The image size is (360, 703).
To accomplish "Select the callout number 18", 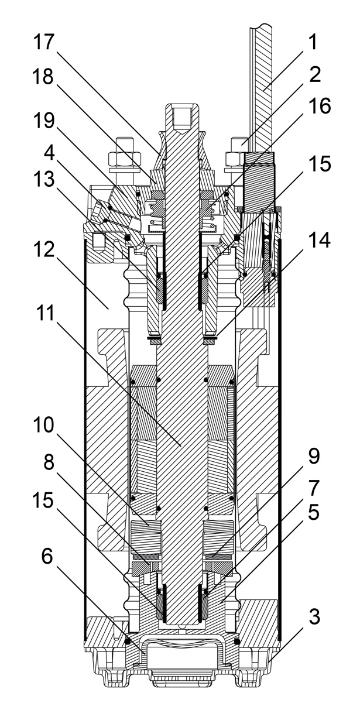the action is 44,77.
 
